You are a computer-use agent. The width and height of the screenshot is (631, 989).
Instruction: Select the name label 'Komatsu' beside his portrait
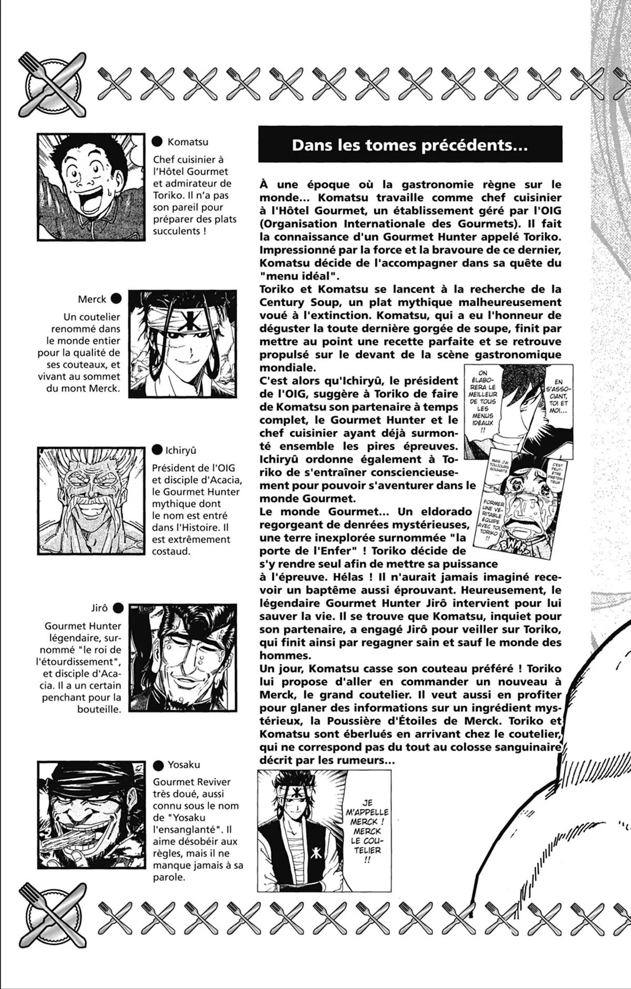(x=188, y=142)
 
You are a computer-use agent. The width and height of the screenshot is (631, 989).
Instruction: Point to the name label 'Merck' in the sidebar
(x=92, y=299)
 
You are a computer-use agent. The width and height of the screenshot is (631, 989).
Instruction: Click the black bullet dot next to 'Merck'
(x=116, y=299)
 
